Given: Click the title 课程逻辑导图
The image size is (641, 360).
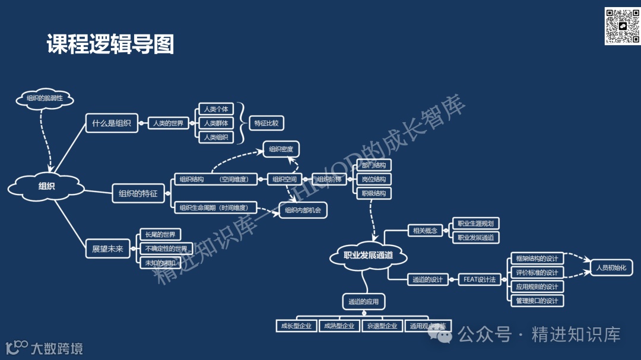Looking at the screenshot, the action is [x=110, y=44].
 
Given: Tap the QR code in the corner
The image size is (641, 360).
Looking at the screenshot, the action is [x=621, y=26].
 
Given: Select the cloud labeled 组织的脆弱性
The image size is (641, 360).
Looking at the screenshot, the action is [x=45, y=98].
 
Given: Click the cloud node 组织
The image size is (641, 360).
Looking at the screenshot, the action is [x=46, y=186].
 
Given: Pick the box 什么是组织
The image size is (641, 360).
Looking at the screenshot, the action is [x=112, y=123].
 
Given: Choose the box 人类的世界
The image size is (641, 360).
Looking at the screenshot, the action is [x=168, y=123].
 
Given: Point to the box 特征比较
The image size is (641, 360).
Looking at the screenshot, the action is [x=266, y=123].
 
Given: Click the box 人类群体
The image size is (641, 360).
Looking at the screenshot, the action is [x=215, y=123].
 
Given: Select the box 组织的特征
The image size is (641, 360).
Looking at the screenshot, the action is [x=138, y=193].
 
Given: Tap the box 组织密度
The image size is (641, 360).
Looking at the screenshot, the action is [x=281, y=149].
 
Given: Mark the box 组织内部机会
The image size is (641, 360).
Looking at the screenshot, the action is [x=303, y=210].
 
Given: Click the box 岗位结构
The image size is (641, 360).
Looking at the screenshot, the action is [x=374, y=179].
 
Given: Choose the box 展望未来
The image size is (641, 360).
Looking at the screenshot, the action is [x=107, y=249].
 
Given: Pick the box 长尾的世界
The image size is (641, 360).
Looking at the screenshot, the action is [x=160, y=235].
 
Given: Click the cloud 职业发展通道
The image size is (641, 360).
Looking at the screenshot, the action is [x=369, y=256].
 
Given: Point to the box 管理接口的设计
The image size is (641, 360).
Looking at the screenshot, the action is [x=537, y=301].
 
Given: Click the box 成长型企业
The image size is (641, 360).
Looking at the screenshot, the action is [x=296, y=326].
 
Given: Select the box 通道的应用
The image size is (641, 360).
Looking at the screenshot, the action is [x=364, y=302].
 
